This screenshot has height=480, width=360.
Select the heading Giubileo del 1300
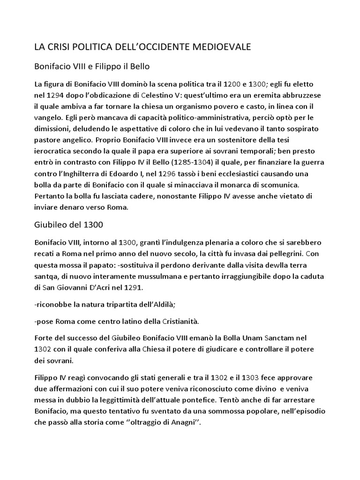pyautogui.click(x=69, y=225)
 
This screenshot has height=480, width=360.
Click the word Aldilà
pyautogui.click(x=161, y=305)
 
